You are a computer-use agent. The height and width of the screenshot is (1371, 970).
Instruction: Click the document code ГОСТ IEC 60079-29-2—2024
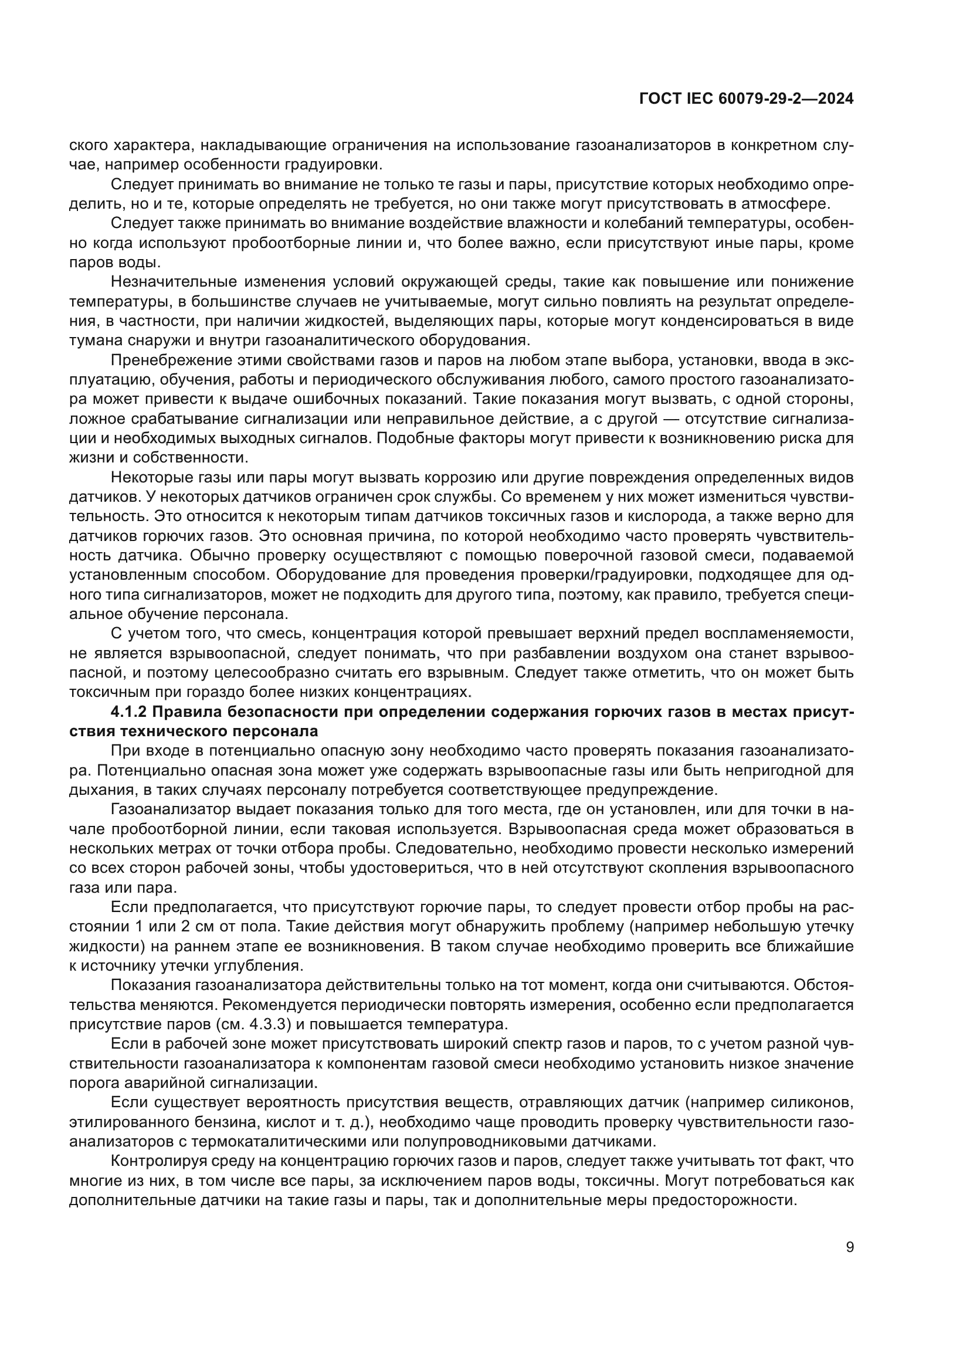pos(746,99)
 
